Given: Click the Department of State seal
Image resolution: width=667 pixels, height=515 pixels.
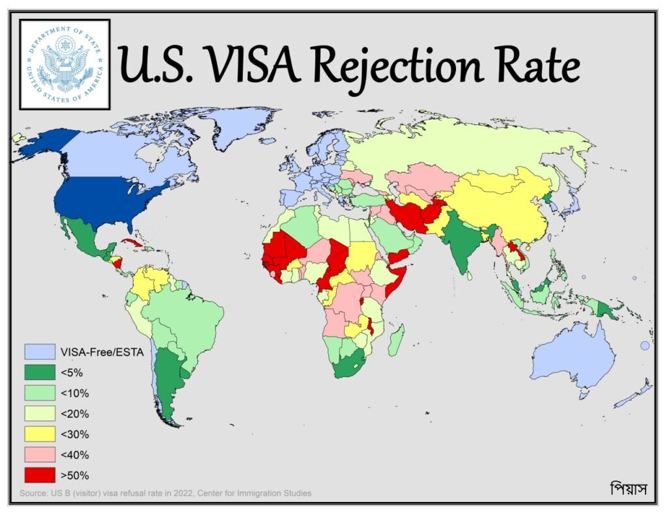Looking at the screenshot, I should click(x=64, y=64).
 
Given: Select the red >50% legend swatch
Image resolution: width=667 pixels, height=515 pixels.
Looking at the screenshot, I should click(x=40, y=475).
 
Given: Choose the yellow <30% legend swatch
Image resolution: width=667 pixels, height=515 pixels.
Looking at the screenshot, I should click(x=40, y=434).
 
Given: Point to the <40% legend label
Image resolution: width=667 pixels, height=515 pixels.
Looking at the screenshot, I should click(x=74, y=454).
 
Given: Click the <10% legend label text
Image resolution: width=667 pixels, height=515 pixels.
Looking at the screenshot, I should click(x=74, y=393).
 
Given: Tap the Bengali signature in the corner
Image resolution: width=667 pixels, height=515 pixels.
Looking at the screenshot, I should click(x=628, y=488).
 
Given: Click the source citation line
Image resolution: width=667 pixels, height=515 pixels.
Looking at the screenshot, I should click(x=166, y=493).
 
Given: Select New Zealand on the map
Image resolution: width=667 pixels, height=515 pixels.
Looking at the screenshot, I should click(x=635, y=395).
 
